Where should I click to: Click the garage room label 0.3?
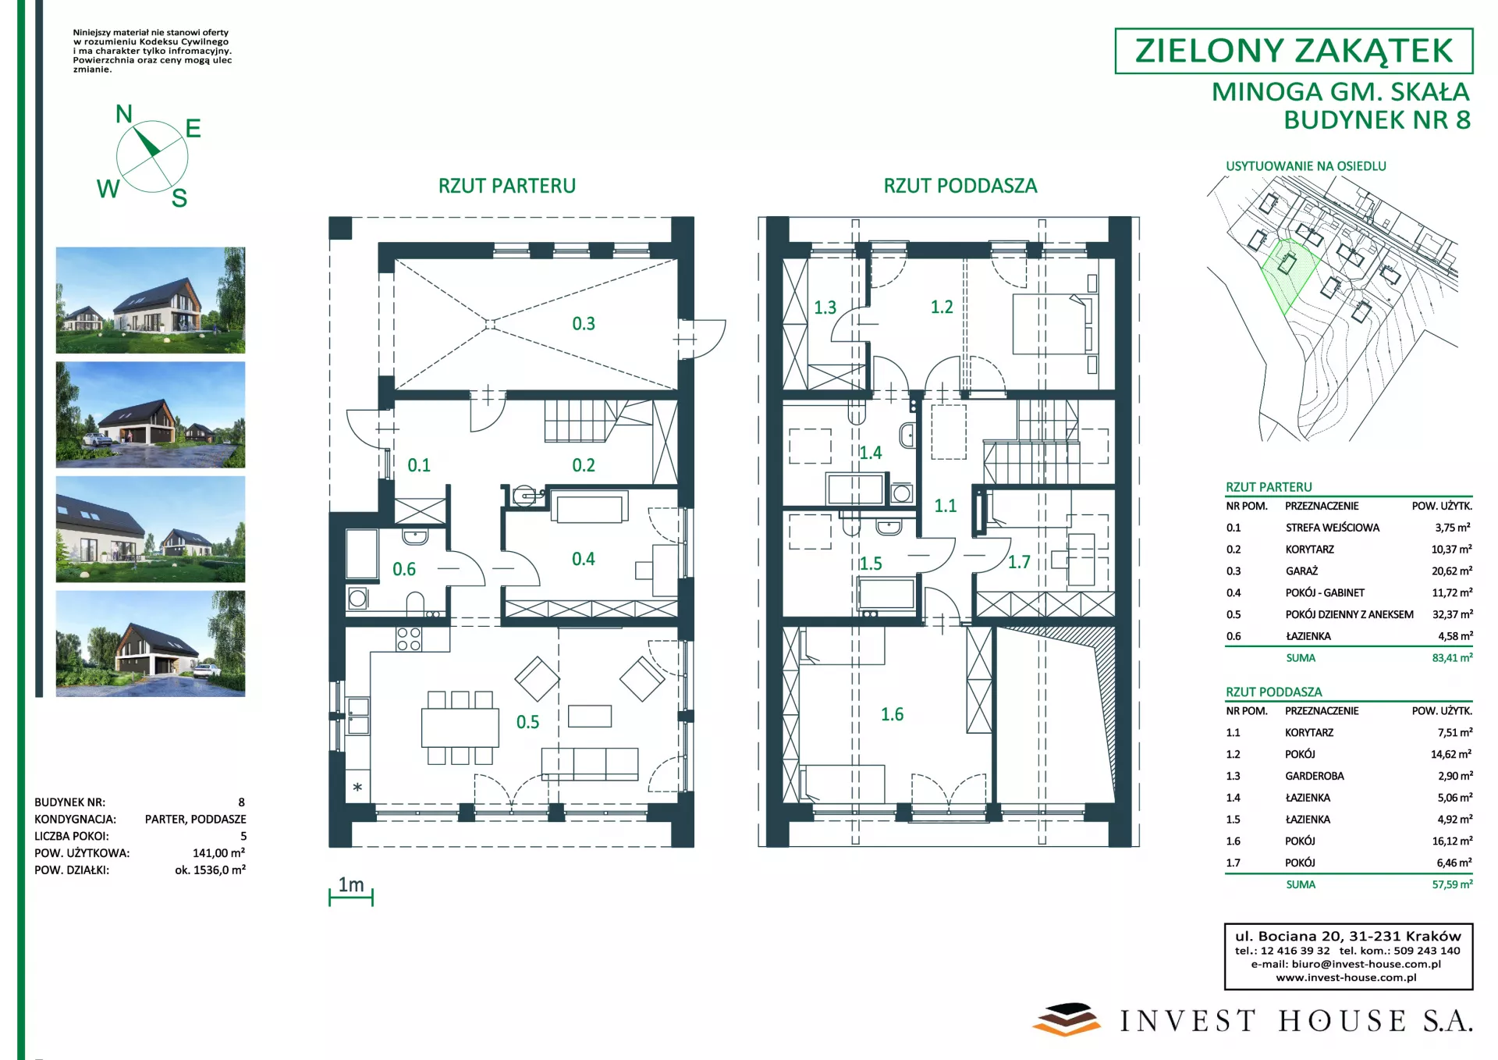point(584,323)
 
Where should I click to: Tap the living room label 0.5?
point(527,722)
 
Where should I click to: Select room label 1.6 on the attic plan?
point(892,714)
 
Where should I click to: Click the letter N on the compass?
point(124,114)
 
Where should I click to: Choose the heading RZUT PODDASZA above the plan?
point(960,186)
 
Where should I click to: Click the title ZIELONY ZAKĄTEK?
point(1294,51)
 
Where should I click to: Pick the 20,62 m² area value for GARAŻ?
point(1452,571)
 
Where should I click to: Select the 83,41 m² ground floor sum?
point(1452,658)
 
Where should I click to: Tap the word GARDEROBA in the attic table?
point(1315,776)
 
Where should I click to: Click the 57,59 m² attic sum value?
point(1452,884)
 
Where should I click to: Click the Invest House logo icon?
point(1066,1019)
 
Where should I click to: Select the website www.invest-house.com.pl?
point(1347,977)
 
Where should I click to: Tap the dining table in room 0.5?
point(460,727)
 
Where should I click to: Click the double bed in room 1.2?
point(1050,324)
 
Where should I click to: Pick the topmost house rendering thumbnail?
point(151,301)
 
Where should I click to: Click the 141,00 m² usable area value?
point(218,853)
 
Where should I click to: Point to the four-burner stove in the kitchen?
point(409,639)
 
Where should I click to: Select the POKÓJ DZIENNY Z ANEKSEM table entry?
point(1350,614)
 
